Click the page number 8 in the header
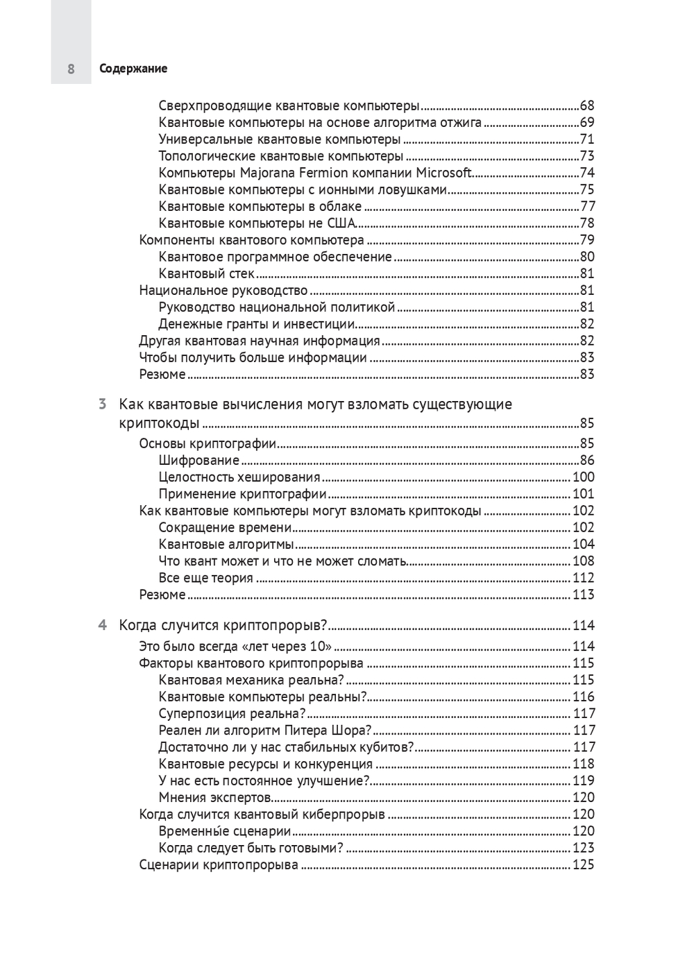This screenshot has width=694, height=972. click(x=71, y=69)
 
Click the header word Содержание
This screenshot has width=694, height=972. click(x=133, y=69)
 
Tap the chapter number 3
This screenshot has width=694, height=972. click(x=102, y=404)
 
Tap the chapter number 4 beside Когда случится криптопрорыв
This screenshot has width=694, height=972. click(x=102, y=625)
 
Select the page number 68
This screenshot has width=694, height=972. click(x=587, y=106)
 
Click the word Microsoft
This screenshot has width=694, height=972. click(x=443, y=173)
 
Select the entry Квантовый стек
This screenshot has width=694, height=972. click(x=206, y=273)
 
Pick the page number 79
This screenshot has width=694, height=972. click(x=587, y=240)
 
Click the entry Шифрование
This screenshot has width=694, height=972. click(x=198, y=460)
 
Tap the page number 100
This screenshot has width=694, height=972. click(x=584, y=477)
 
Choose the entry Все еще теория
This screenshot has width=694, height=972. click(x=205, y=578)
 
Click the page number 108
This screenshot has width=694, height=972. click(x=584, y=561)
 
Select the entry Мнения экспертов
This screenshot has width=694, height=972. click(x=214, y=797)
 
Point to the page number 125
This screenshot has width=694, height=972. click(x=584, y=864)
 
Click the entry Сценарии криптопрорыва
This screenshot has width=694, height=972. click(x=219, y=864)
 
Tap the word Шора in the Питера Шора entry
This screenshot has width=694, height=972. click(x=351, y=730)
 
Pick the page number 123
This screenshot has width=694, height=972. click(x=584, y=848)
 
